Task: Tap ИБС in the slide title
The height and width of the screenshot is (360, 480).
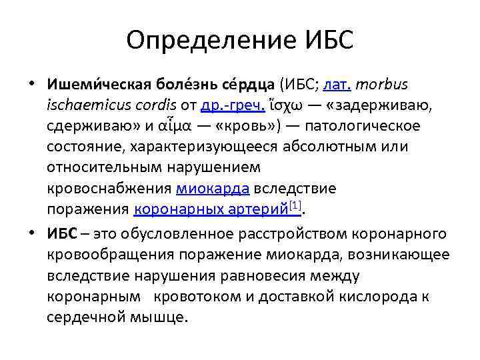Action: click(325, 41)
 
